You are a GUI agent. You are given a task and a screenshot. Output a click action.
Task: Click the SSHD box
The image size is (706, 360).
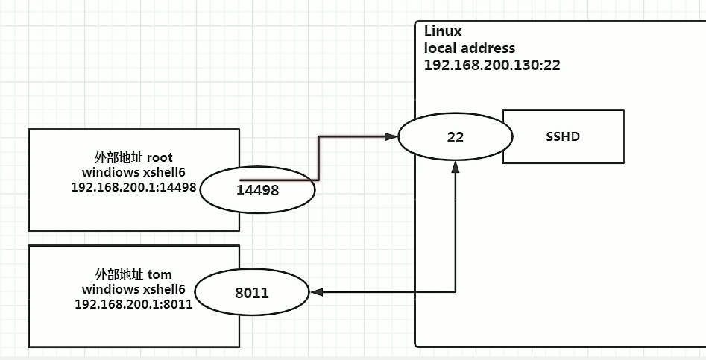point(563,136)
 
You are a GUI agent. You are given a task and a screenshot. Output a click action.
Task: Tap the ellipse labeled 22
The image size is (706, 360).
point(456,136)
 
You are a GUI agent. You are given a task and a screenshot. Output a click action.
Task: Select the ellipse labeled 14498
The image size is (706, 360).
point(257,189)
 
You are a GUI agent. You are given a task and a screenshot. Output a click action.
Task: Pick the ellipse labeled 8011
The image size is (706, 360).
point(251,293)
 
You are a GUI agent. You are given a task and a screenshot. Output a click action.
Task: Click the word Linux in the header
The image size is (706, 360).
point(443,31)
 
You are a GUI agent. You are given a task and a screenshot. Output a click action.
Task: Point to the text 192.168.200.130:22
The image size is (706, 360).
point(492,65)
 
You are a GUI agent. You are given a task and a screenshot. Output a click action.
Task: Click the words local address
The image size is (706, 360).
point(470,48)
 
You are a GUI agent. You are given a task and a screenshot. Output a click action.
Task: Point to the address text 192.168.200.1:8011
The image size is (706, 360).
point(134,303)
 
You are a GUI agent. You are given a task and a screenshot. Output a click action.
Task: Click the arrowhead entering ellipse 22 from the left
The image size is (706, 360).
point(391,136)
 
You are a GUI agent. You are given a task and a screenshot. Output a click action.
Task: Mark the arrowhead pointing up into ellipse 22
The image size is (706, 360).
point(456,169)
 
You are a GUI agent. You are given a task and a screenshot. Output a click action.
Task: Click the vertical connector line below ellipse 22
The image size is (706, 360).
point(456,231)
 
